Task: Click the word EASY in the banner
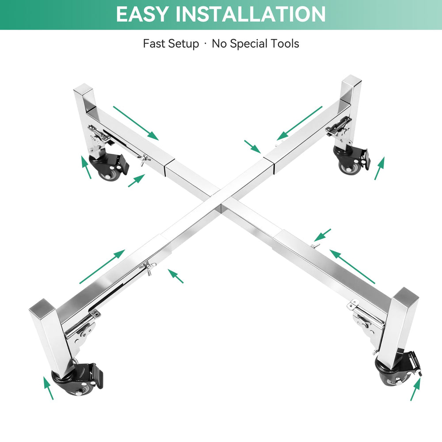click(142, 14)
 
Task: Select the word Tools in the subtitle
click(285, 43)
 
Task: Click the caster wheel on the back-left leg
click(109, 167)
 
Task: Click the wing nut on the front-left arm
click(148, 267)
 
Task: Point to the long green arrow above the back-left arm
click(136, 123)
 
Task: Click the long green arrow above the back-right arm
click(299, 123)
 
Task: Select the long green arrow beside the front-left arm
click(102, 267)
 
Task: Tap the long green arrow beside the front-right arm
click(352, 267)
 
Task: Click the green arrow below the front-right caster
click(415, 389)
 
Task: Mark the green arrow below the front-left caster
click(48, 388)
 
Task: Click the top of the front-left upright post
click(43, 305)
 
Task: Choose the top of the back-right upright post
click(351, 80)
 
